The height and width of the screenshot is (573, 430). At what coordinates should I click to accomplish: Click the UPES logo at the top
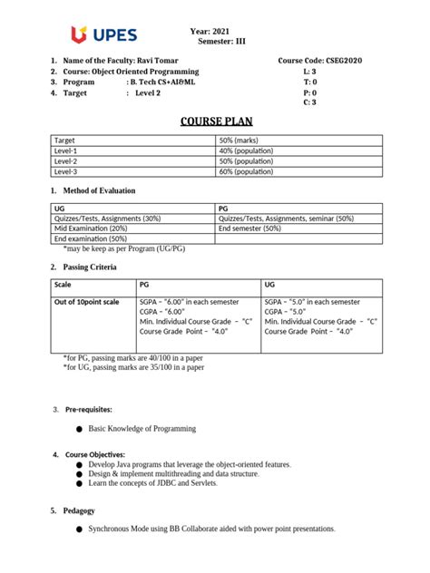[x=104, y=35]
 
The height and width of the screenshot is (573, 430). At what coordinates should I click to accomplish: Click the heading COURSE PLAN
[x=215, y=121]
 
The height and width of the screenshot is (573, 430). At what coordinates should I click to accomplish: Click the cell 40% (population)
[x=249, y=151]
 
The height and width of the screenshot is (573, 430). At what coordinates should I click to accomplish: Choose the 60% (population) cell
[x=249, y=170]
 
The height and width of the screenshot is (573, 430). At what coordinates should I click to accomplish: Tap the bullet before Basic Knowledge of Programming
[x=79, y=429]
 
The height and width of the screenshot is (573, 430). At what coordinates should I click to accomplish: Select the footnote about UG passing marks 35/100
[x=133, y=367]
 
